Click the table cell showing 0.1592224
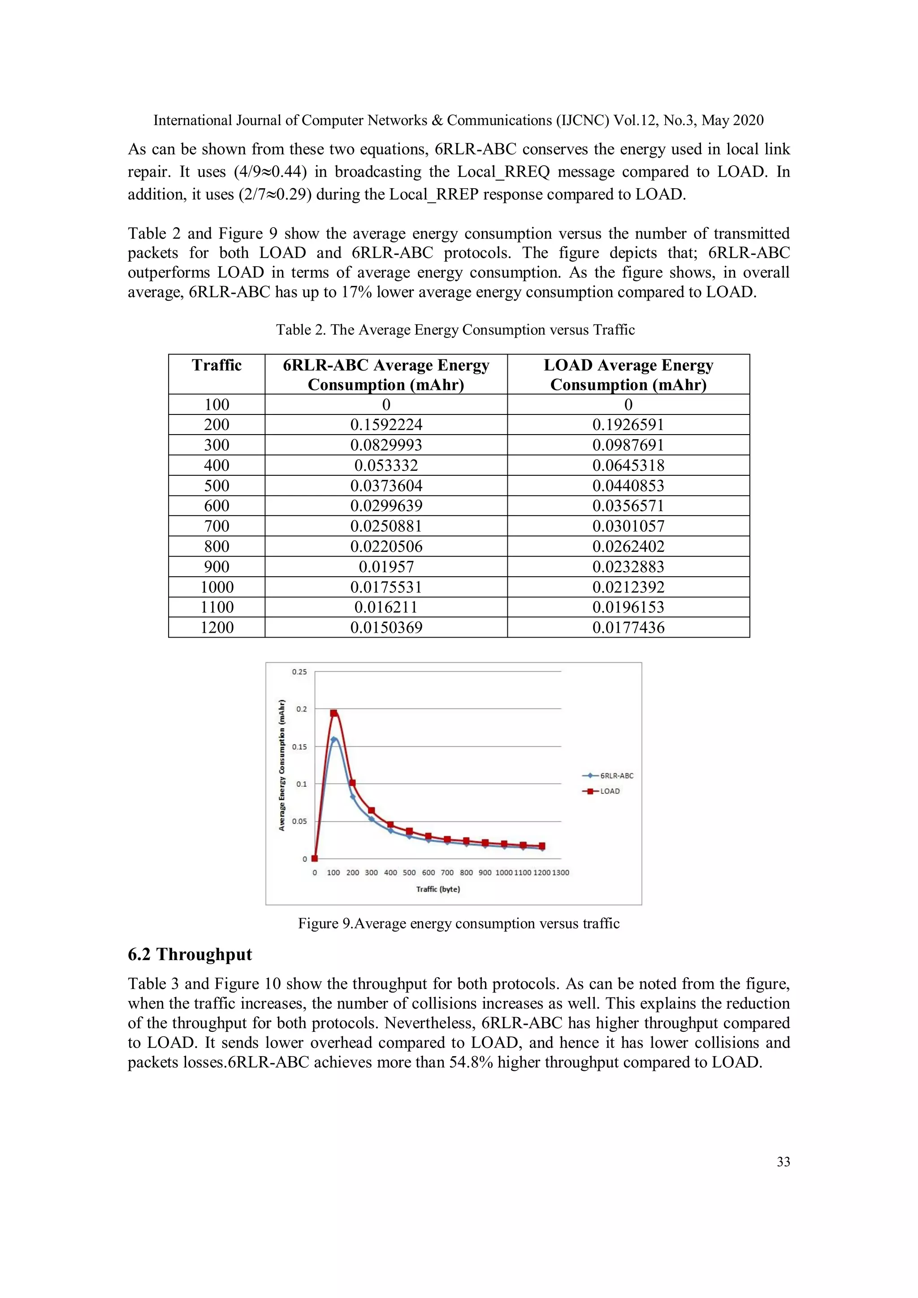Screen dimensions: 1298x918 coord(386,425)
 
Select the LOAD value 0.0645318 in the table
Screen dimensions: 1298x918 coord(628,465)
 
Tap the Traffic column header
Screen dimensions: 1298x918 coord(216,365)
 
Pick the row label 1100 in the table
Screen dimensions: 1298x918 coord(216,607)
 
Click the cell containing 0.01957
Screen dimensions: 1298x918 coord(386,566)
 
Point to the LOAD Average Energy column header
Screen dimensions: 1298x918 coord(628,374)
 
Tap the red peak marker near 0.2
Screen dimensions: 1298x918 coord(333,713)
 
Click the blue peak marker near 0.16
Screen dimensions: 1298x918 coord(333,739)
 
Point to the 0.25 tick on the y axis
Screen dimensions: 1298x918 coord(299,672)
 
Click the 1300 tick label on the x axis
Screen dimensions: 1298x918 coord(561,872)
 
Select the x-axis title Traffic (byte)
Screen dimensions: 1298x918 coord(438,889)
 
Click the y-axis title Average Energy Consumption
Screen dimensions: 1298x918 coord(281,765)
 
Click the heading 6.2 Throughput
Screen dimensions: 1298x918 coord(190,954)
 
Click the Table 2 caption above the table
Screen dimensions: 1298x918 coord(455,330)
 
